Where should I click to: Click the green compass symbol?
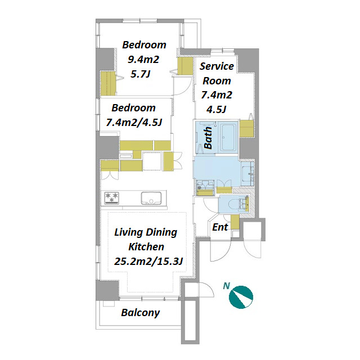coord(241,297)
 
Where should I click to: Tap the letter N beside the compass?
coord(226,286)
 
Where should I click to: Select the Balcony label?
coord(140,313)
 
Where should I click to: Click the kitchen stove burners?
coord(112,197)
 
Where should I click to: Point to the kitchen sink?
coord(151,199)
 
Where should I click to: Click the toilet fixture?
coord(240,204)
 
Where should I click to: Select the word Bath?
coord(208,138)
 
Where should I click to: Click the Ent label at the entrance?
coord(220,227)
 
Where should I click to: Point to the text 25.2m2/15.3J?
coord(148,261)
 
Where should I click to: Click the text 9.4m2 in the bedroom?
coord(143,60)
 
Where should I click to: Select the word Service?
coord(217,66)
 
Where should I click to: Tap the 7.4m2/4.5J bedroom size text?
coord(134,122)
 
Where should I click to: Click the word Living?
coord(129,232)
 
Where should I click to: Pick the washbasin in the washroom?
coord(248,174)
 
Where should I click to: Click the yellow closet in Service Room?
coord(246,129)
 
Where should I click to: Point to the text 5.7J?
coord(141,74)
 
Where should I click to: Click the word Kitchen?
coord(146,247)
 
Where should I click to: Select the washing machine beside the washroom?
coord(205,188)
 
